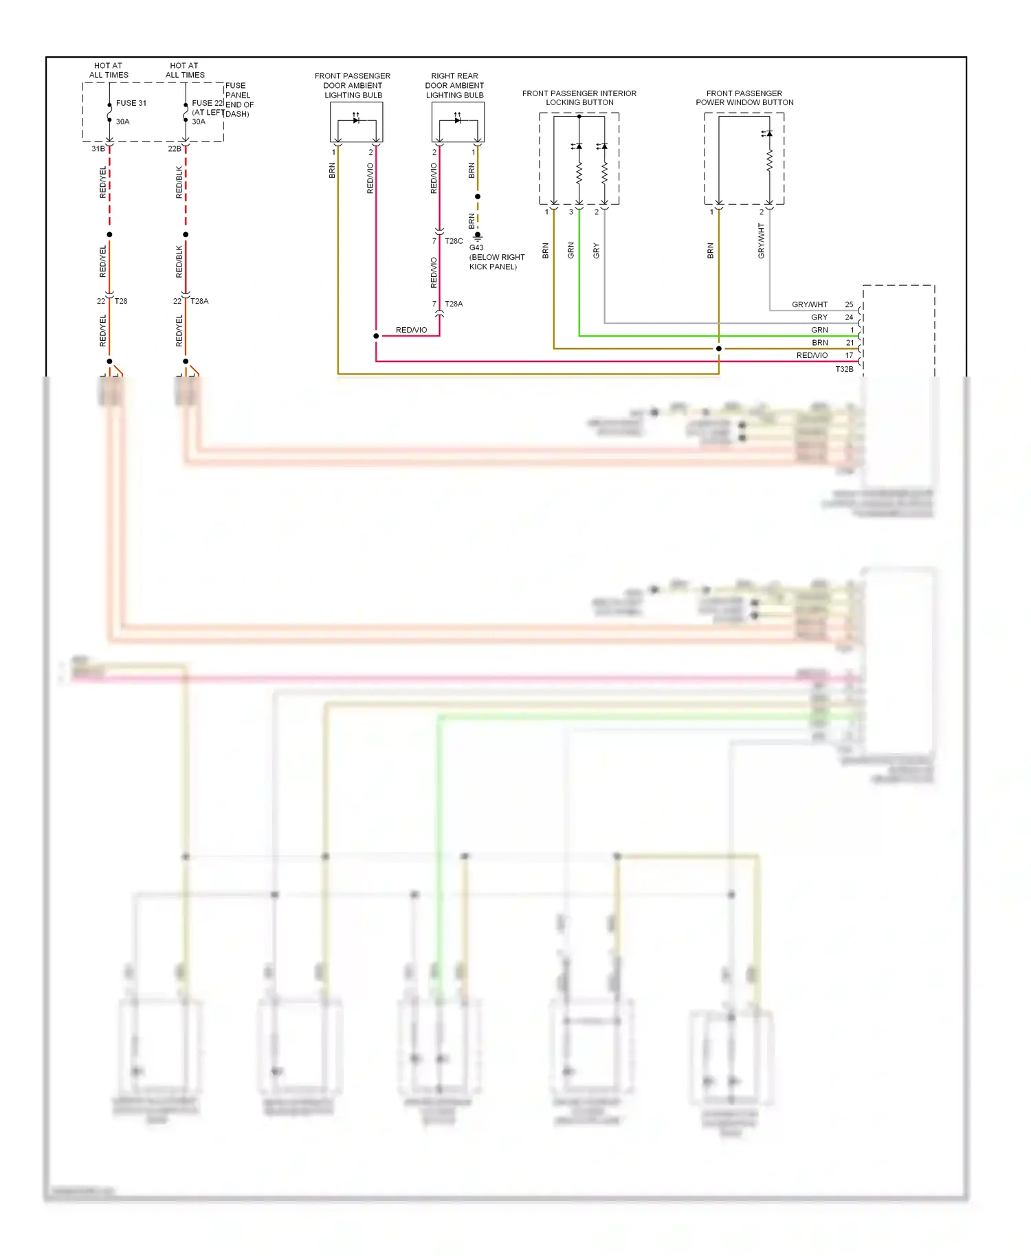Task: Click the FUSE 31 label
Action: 131,103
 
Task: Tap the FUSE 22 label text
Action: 208,103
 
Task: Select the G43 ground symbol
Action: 478,237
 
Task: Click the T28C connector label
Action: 454,241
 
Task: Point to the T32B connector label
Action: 844,369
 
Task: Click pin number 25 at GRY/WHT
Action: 849,304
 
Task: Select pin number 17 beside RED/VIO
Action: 849,355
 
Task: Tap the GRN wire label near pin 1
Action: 819,330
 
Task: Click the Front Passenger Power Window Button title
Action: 744,98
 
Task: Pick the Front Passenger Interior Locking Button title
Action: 579,98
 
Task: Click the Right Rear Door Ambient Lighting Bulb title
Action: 454,85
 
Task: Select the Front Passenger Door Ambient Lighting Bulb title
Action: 353,85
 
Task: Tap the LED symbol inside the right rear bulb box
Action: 458,120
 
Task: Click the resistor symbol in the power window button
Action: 769,161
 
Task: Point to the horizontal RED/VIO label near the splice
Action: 411,330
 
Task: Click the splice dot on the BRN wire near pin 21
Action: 719,348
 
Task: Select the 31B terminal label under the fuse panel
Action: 98,148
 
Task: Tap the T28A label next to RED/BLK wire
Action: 199,301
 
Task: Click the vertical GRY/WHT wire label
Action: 761,240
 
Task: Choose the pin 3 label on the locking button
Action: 570,212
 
